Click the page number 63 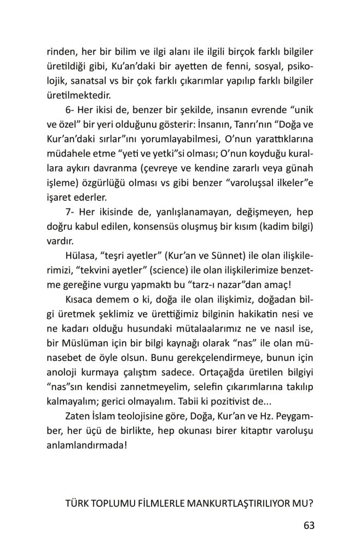click(x=309, y=526)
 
